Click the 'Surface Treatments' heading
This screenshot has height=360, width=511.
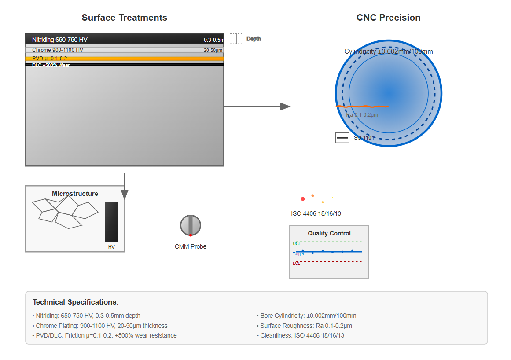coord(124,18)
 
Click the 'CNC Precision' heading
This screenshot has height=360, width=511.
coord(388,18)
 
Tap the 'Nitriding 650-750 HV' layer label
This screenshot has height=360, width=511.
coord(60,40)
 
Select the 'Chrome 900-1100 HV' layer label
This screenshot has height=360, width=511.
coord(58,50)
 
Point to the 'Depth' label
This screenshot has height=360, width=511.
coord(254,39)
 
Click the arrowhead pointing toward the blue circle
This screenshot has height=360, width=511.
coord(285,106)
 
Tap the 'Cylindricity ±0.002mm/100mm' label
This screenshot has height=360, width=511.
coord(388,51)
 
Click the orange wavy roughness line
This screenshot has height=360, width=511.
coord(362,106)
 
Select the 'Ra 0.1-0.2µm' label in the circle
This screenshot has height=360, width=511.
coord(362,115)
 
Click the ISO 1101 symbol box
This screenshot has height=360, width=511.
coord(342,138)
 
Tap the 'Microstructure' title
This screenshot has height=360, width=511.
coord(75,194)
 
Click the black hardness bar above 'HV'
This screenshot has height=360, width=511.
coord(111,222)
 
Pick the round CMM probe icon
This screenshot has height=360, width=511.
coord(191,225)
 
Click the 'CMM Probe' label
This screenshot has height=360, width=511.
coord(191,246)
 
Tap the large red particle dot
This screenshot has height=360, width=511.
coord(303,199)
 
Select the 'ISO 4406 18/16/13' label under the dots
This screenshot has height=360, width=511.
coord(316,213)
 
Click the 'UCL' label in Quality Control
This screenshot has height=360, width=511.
coord(297,243)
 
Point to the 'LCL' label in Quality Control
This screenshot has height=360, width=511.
coord(297,264)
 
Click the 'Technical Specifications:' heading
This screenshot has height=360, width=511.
coord(75,302)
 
